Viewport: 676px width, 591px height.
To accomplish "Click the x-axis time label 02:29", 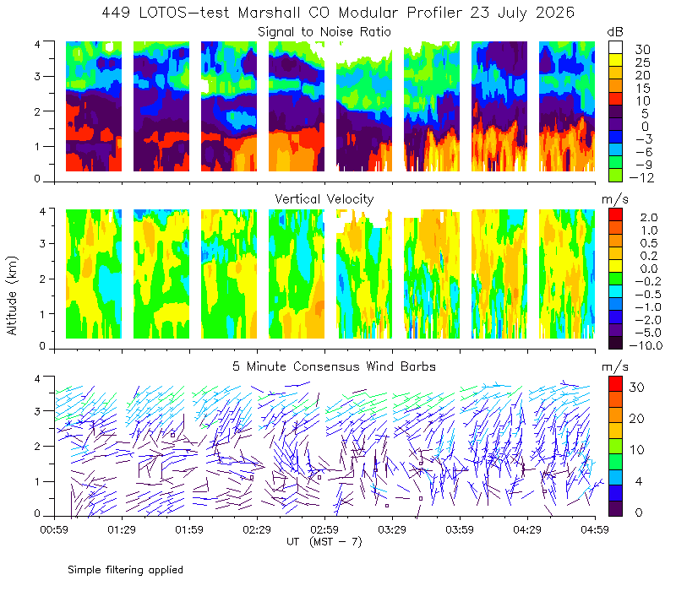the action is click(x=257, y=529).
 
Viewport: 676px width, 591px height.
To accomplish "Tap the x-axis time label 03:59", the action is click(x=460, y=529).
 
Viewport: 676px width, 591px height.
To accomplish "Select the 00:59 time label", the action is click(x=54, y=529).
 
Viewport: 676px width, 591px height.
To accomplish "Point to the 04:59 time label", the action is click(x=595, y=529).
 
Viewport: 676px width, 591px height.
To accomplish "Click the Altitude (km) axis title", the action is click(x=12, y=295).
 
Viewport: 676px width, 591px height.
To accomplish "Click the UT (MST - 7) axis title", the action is click(x=324, y=542).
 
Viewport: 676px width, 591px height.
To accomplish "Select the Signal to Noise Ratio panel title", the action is click(x=324, y=32).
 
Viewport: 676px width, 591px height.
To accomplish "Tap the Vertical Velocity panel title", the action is click(x=324, y=199).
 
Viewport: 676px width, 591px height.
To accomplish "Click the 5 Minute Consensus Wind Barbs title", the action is click(x=334, y=366).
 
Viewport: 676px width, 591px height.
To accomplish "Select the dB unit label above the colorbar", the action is click(x=615, y=32).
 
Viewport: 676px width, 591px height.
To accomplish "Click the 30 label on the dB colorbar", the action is click(x=642, y=50).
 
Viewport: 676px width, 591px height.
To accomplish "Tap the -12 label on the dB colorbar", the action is click(x=641, y=177).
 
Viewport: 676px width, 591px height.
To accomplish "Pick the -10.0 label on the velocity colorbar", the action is click(x=646, y=345).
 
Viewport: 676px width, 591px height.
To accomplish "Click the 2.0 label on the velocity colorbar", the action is click(x=649, y=218).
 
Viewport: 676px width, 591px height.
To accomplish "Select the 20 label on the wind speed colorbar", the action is click(x=637, y=418).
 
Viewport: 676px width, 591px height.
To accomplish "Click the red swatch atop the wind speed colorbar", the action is click(x=615, y=384).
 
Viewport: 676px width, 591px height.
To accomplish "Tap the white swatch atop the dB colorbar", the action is click(x=615, y=47).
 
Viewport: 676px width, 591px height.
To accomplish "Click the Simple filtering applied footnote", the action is click(x=125, y=570).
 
